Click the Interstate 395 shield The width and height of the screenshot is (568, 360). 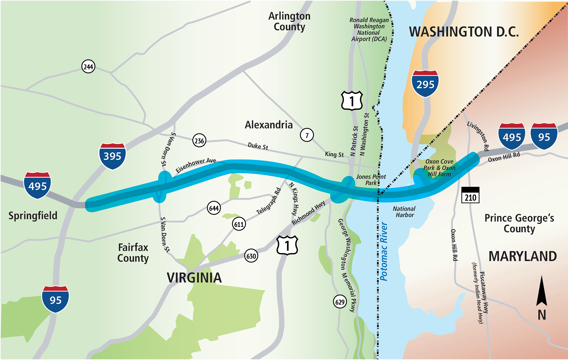tap(112, 156)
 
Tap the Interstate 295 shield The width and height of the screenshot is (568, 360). tap(425, 84)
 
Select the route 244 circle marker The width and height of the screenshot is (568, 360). tap(88, 67)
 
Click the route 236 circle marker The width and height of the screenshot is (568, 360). tap(199, 141)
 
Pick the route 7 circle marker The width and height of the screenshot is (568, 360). tap(307, 135)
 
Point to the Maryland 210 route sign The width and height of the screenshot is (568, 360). tap(470, 195)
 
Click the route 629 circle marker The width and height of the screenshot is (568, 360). tap(340, 302)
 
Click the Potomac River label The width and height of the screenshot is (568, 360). tap(384, 251)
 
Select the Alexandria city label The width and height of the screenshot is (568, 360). tap(269, 125)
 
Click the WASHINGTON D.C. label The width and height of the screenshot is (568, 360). tap(464, 32)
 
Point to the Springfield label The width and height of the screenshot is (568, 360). tap(33, 215)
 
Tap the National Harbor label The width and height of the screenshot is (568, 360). tap(404, 212)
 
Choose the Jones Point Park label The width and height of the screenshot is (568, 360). tap(371, 180)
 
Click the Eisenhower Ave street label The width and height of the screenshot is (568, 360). tap(196, 165)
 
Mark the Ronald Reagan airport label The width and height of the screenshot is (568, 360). tap(369, 30)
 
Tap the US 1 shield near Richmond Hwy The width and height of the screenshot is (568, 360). tap(287, 245)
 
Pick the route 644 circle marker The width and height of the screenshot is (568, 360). tap(214, 208)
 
